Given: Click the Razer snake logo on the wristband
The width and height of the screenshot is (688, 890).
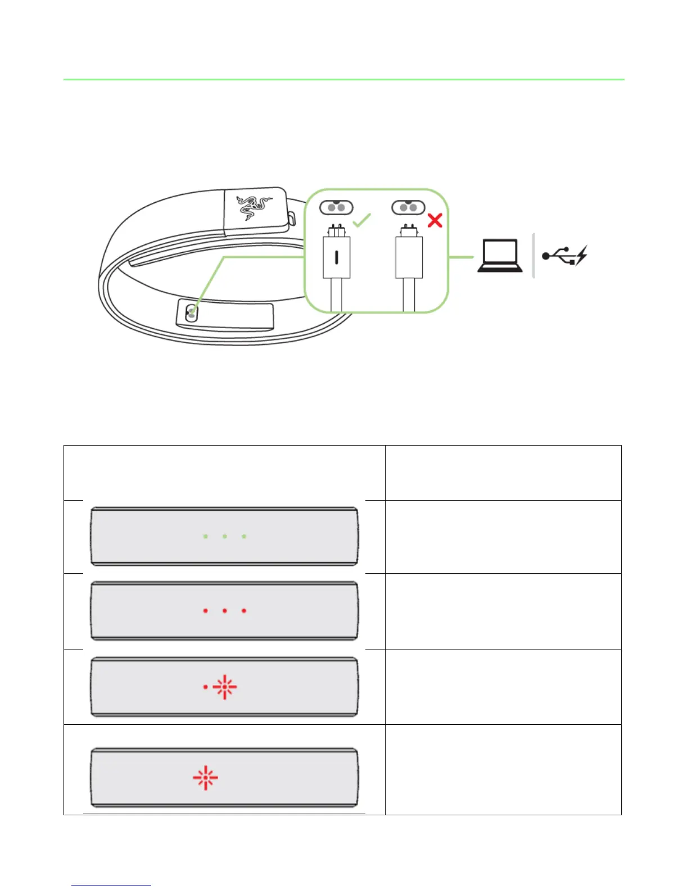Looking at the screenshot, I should click(254, 207).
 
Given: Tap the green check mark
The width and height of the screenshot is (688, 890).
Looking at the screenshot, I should click(363, 220).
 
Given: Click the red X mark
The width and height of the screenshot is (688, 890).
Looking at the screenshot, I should click(434, 220).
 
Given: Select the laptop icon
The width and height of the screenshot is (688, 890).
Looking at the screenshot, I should click(499, 256).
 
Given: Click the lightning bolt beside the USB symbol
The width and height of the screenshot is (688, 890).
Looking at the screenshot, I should click(581, 255).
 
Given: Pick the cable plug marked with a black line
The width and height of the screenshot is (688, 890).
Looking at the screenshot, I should click(337, 257).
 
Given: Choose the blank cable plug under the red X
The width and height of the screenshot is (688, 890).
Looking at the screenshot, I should click(409, 257).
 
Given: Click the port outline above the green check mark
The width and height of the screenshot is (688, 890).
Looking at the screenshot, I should click(336, 207).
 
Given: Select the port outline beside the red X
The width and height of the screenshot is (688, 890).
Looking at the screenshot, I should click(408, 207).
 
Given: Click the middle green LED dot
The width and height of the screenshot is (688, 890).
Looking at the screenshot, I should click(225, 537).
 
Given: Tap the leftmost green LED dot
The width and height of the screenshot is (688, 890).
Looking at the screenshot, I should click(206, 537).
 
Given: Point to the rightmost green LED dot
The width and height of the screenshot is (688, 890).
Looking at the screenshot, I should click(244, 537).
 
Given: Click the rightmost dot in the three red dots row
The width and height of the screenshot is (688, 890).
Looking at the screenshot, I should click(244, 610).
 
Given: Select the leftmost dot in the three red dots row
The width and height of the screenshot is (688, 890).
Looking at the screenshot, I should click(206, 610).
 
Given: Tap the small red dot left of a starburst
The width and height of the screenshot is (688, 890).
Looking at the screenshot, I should click(206, 687).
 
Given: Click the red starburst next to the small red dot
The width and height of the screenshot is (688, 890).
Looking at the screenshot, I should click(225, 687).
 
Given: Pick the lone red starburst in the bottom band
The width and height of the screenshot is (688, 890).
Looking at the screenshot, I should click(205, 778).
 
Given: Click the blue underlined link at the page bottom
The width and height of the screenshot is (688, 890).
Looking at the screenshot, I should click(111, 885).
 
